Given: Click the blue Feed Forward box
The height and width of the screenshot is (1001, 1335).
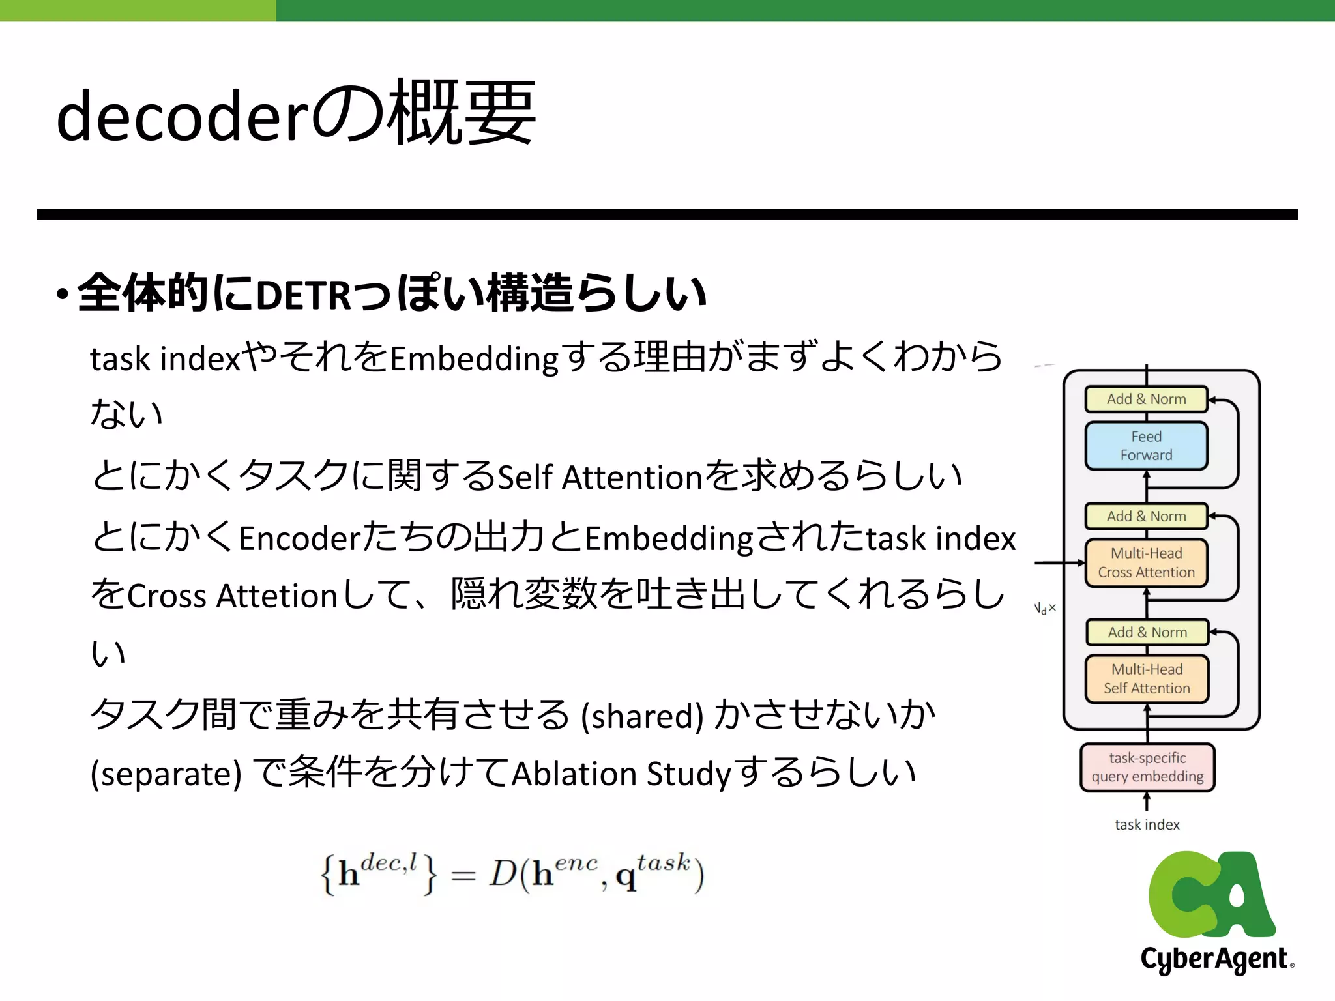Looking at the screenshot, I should click(1146, 446).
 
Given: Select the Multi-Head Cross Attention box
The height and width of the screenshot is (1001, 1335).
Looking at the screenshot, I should click(1146, 563).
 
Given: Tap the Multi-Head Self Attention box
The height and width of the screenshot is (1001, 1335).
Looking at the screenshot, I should click(1147, 679).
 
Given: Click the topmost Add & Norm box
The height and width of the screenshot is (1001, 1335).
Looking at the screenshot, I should click(1146, 399).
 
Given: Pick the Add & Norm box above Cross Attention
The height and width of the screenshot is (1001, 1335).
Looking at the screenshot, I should click(1146, 516).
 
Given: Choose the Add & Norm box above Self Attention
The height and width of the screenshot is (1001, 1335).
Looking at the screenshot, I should click(1147, 632).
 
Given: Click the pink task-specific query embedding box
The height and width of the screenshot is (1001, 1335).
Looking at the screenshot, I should click(1147, 767).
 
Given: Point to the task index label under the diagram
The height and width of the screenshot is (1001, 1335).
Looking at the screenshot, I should click(1147, 824).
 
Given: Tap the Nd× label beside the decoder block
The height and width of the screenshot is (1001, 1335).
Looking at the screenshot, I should click(1045, 609).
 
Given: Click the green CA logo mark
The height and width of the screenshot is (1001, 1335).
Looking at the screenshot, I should click(1211, 894).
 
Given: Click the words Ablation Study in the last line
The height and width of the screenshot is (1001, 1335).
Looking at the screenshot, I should click(622, 774).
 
